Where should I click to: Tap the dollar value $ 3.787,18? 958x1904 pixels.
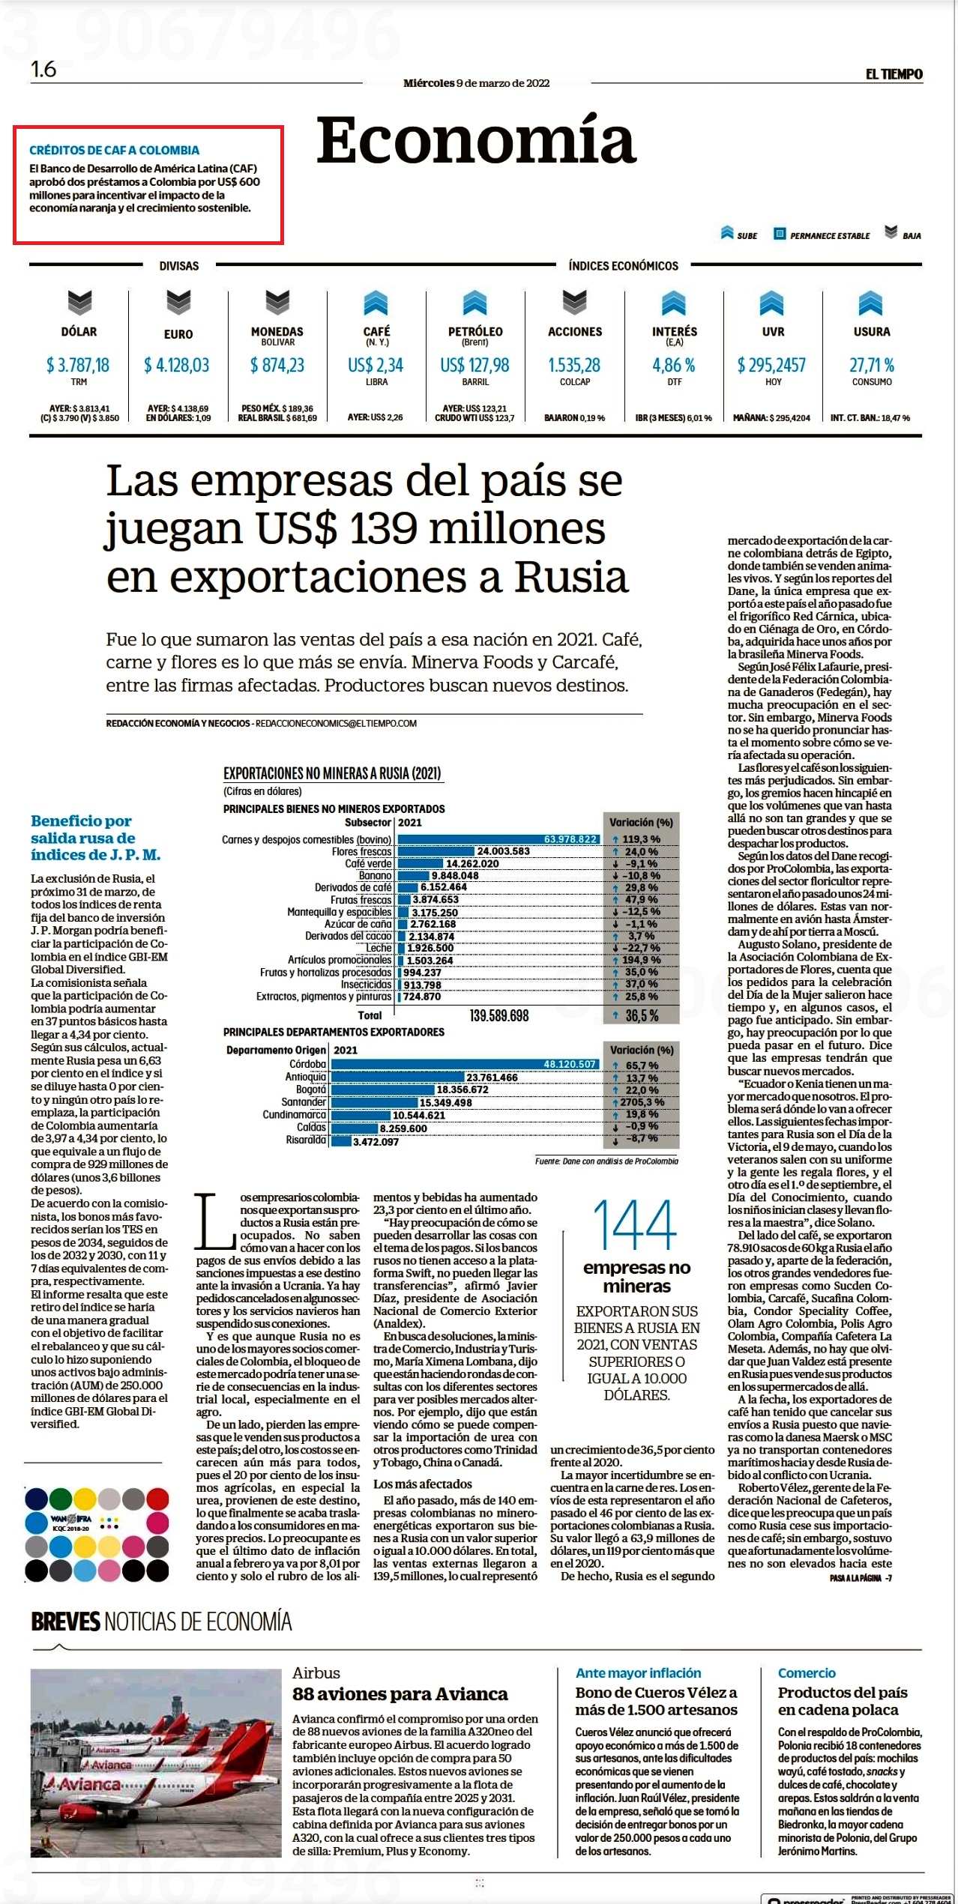click(x=78, y=365)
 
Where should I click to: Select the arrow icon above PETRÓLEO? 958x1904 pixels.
click(x=475, y=302)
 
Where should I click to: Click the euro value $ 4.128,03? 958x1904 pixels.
click(x=177, y=365)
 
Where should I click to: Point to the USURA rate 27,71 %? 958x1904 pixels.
click(x=872, y=365)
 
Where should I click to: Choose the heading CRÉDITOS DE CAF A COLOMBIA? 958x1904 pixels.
click(x=114, y=150)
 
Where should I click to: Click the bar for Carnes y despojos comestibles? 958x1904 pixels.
click(x=498, y=839)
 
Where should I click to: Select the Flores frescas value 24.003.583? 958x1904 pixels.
click(x=503, y=851)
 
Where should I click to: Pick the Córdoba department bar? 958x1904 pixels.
click(x=465, y=1064)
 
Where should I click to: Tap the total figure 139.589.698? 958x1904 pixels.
click(x=499, y=1015)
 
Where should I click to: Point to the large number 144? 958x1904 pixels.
click(x=635, y=1224)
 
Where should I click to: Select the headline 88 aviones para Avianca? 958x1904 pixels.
click(x=400, y=1694)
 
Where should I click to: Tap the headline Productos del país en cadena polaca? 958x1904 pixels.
click(x=843, y=1701)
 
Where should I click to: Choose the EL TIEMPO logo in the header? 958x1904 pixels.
click(x=894, y=73)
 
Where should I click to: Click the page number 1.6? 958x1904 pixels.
click(x=43, y=69)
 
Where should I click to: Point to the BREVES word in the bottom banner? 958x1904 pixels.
click(x=65, y=1622)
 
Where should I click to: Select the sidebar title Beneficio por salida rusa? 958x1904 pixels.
click(x=96, y=838)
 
